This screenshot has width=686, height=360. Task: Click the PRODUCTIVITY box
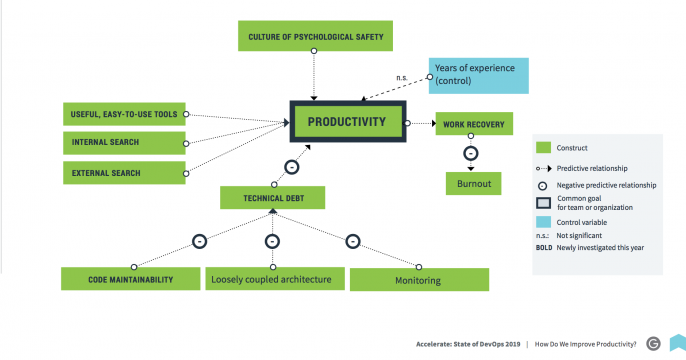click(x=347, y=123)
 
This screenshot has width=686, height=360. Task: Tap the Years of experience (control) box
click(x=478, y=76)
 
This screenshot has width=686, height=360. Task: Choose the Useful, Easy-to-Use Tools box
click(x=123, y=114)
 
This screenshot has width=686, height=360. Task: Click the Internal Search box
click(x=123, y=143)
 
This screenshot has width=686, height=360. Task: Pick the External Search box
click(x=123, y=173)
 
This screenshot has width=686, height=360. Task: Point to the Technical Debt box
click(x=273, y=198)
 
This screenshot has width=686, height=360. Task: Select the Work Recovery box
click(x=474, y=125)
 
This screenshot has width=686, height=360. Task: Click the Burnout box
click(x=474, y=185)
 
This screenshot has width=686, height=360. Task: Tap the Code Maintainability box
click(x=124, y=278)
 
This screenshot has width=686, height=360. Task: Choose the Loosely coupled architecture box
click(x=271, y=278)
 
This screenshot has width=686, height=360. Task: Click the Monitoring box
click(x=419, y=279)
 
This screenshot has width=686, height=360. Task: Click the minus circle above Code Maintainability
click(x=198, y=241)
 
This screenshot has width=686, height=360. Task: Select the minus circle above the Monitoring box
click(x=353, y=241)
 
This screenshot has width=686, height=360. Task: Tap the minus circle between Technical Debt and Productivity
click(x=290, y=166)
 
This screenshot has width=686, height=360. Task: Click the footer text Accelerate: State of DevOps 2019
click(x=468, y=342)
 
